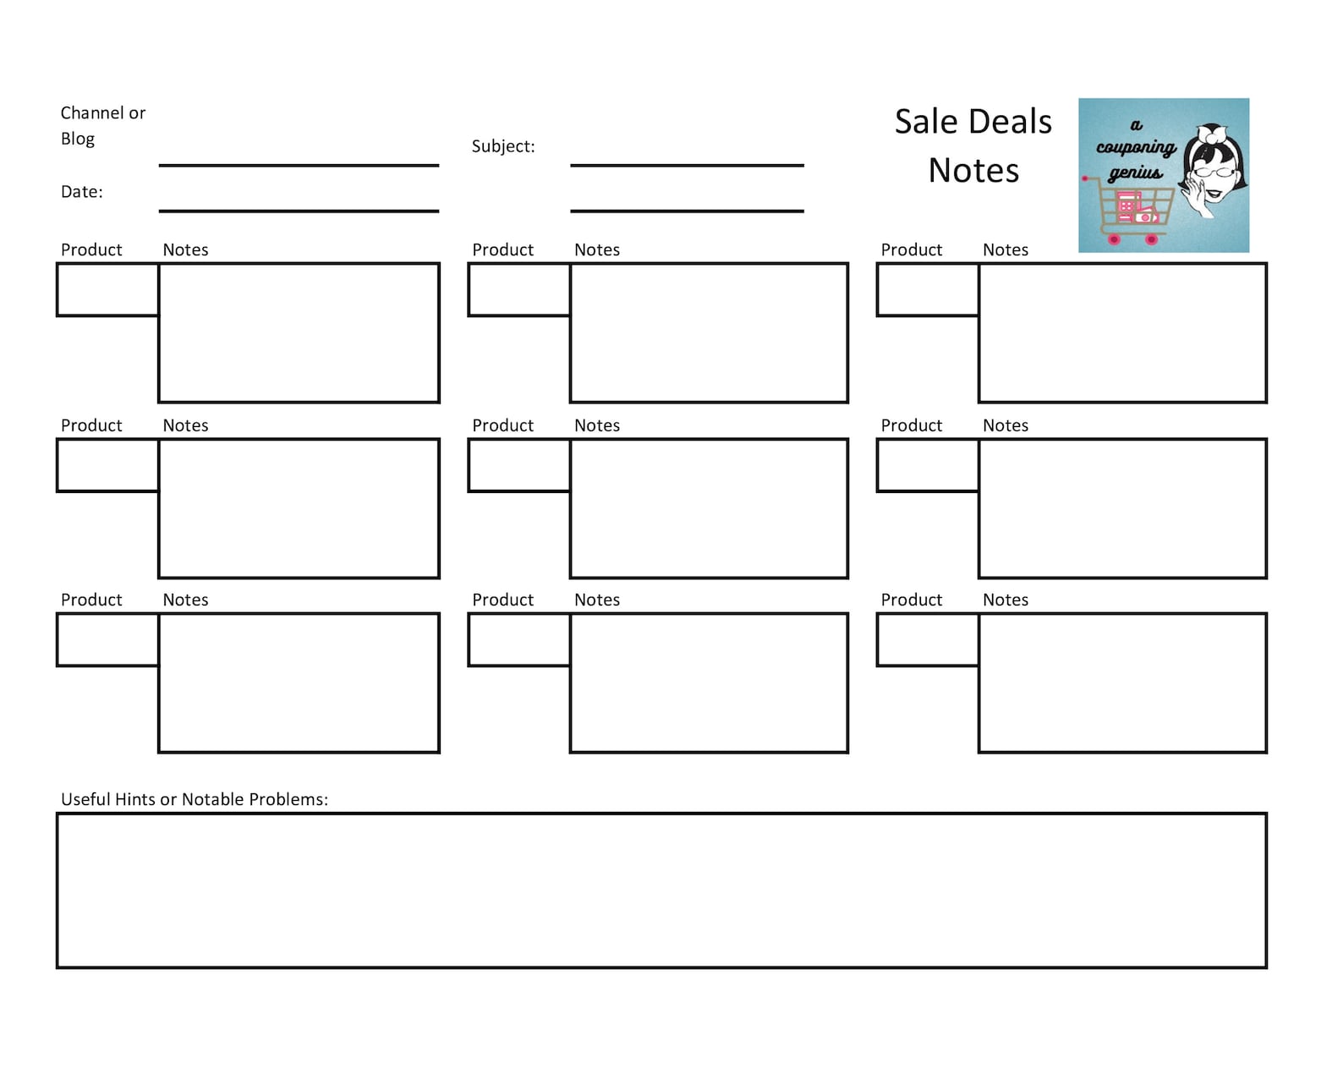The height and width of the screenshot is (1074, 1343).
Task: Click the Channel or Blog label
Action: coord(102,125)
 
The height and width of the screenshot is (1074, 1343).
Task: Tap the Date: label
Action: coord(81,192)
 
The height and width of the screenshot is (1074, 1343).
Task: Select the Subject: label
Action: coord(503,146)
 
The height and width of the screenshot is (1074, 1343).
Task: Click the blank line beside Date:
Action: coord(299,209)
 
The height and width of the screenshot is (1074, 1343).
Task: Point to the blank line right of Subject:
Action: coord(687,164)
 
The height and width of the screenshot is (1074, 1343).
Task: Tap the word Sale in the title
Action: coord(924,122)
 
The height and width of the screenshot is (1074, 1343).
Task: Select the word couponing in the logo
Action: coord(1136,148)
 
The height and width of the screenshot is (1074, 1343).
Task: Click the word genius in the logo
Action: coord(1135,173)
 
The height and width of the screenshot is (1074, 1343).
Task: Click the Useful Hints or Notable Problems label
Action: coord(194,799)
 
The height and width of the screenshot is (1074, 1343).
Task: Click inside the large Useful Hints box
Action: coord(661,890)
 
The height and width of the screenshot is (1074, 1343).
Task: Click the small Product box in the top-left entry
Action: coord(107,289)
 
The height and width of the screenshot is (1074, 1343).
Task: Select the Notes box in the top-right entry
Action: coord(1122,332)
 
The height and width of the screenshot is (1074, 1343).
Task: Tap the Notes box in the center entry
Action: coord(709,508)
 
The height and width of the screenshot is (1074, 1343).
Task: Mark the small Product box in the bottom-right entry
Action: coord(928,640)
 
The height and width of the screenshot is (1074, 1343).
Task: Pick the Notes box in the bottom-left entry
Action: coord(299,682)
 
